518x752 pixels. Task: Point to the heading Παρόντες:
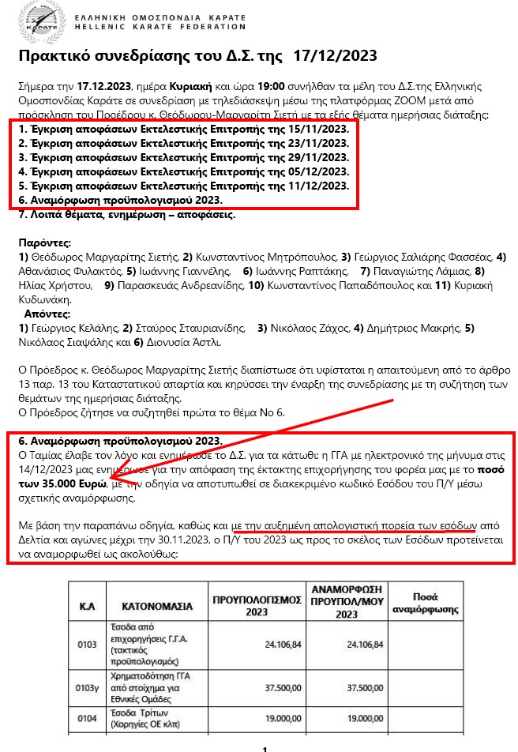(44, 243)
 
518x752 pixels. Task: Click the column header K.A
(87, 607)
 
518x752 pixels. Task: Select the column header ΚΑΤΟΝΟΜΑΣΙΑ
(157, 607)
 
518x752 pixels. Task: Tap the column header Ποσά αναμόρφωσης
(426, 603)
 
